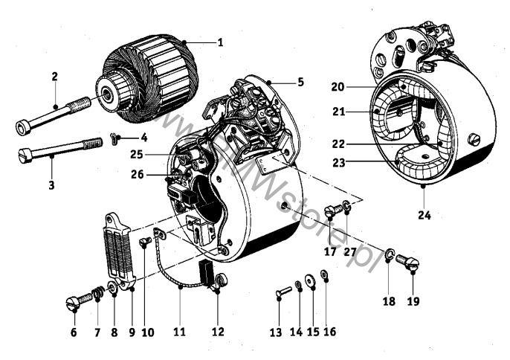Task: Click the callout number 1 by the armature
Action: click(x=220, y=42)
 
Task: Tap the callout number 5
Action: click(x=300, y=82)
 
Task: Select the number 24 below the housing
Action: click(x=423, y=216)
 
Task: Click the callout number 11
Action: click(x=180, y=332)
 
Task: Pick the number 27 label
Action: click(x=349, y=251)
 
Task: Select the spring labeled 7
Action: click(x=96, y=295)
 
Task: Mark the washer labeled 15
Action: click(x=311, y=286)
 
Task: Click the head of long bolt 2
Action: click(x=23, y=128)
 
